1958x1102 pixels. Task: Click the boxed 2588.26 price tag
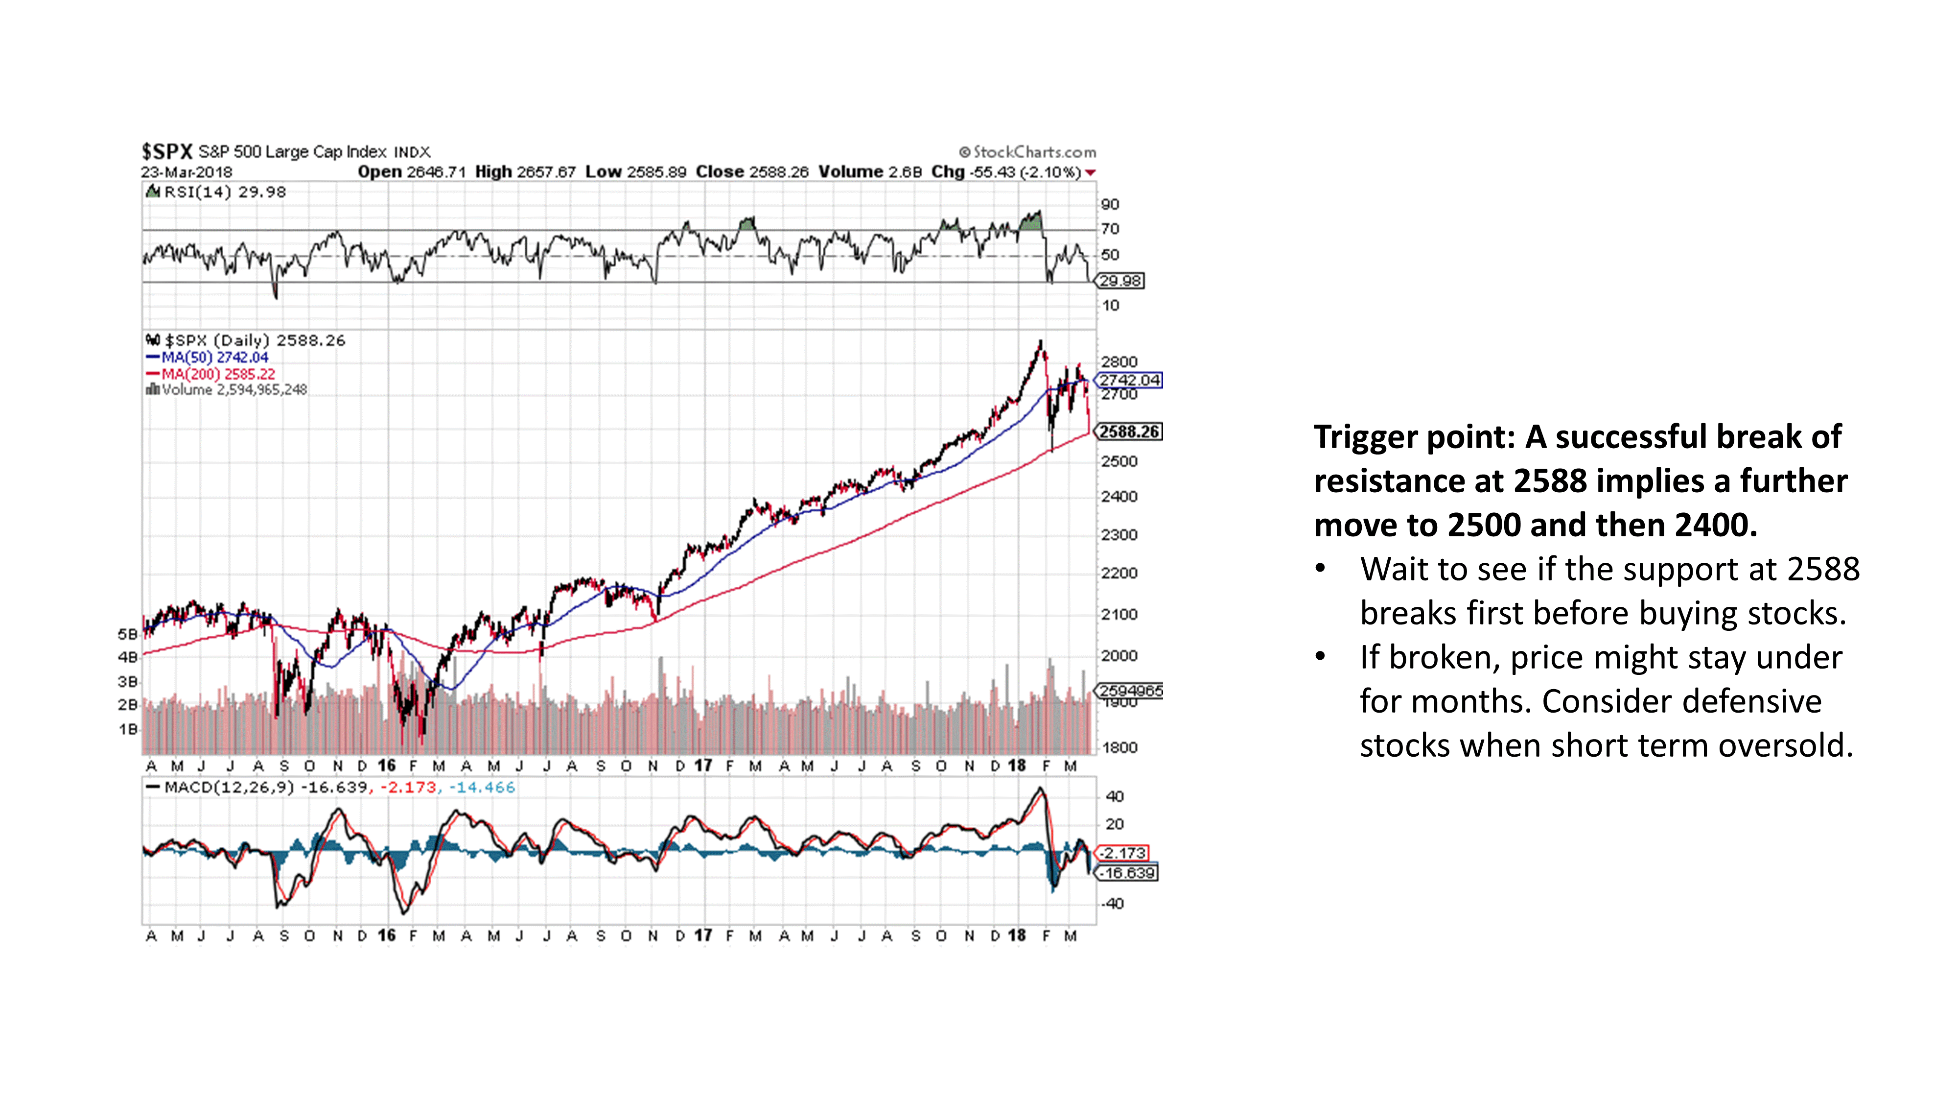pyautogui.click(x=1129, y=432)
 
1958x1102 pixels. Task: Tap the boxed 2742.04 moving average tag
pyautogui.click(x=1129, y=380)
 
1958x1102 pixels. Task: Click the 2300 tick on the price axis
pyautogui.click(x=1119, y=535)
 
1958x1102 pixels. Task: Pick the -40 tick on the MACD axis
pyautogui.click(x=1114, y=904)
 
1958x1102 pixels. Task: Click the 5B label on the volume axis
pyautogui.click(x=127, y=633)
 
